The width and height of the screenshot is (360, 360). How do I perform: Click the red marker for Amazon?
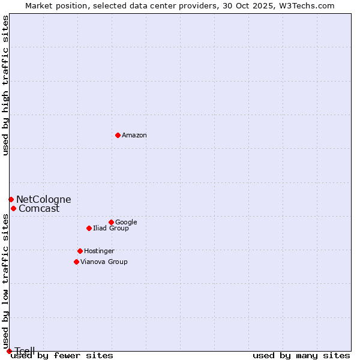[118, 135]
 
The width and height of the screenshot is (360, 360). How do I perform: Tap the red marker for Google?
[111, 222]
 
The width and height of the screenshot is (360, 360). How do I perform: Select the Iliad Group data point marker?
[89, 228]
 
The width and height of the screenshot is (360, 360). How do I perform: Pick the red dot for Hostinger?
[80, 251]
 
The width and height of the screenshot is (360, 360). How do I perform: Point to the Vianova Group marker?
[76, 262]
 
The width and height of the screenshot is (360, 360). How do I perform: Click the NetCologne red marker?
[11, 199]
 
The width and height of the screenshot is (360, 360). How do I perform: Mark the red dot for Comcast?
[13, 208]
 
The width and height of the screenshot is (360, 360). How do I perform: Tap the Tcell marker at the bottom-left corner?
[9, 351]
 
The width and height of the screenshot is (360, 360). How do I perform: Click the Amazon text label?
[134, 136]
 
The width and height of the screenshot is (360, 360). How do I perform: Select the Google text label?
[126, 222]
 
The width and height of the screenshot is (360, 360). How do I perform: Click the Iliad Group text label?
[111, 228]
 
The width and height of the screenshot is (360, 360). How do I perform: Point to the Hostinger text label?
[99, 251]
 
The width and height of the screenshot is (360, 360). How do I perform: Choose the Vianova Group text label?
[104, 262]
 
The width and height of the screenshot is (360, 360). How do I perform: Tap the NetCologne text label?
[43, 200]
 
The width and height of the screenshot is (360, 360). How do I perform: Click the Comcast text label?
[39, 209]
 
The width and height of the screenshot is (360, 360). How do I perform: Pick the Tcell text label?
[25, 351]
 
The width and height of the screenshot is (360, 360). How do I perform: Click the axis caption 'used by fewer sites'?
[62, 356]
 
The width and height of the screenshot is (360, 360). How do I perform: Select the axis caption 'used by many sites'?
[301, 356]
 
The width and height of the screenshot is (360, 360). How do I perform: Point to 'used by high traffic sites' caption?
[6, 85]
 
